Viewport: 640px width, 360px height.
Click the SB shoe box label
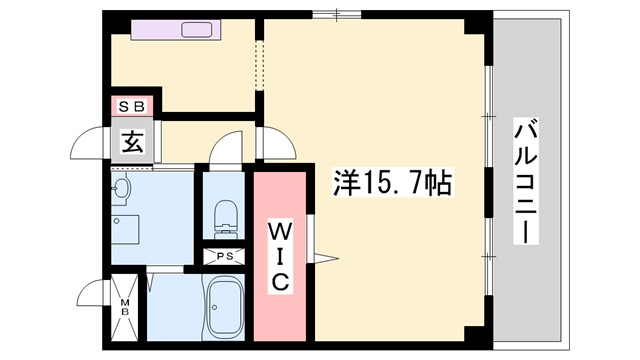(x=133, y=105)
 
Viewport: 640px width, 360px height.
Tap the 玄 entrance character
(x=133, y=141)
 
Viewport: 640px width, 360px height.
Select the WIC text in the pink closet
(x=281, y=257)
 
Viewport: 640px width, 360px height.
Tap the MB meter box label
(x=126, y=305)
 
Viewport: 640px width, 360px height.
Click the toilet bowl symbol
(x=226, y=213)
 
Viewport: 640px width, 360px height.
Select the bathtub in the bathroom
(x=224, y=304)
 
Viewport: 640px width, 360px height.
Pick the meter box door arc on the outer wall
(x=92, y=297)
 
